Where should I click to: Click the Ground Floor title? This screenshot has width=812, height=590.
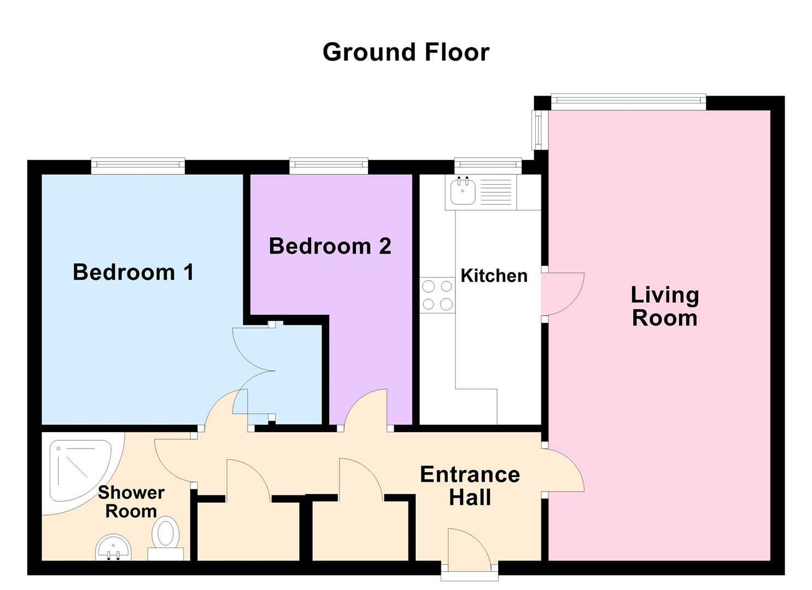[406, 52]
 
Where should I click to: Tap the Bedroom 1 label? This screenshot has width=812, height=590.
[133, 272]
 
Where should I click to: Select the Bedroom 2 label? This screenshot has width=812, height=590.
[330, 246]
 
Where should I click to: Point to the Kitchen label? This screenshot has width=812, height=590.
[494, 275]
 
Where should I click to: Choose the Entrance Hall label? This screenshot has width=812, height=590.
[470, 486]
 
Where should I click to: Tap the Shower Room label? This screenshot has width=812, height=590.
[131, 501]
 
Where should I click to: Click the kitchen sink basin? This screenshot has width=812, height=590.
[463, 192]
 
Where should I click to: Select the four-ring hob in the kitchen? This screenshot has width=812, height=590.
[437, 295]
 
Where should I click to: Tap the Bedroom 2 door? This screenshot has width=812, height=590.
[365, 410]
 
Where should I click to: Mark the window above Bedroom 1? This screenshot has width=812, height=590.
[138, 165]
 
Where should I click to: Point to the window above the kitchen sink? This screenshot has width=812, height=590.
[488, 165]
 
